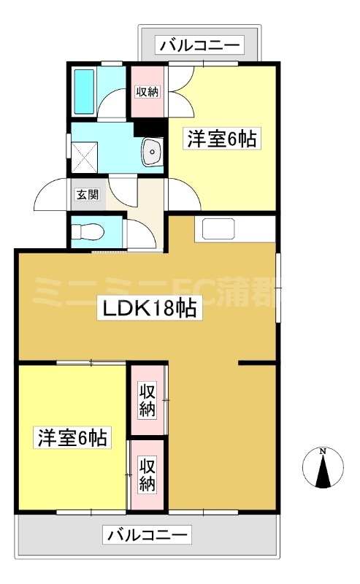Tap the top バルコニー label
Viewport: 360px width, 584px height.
point(199,46)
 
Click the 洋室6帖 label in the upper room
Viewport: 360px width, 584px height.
point(222,139)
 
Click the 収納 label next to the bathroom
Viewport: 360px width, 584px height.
point(148,92)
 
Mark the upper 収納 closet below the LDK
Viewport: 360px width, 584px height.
point(148,400)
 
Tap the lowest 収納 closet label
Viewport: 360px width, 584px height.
point(148,473)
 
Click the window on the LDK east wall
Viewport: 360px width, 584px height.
point(277,289)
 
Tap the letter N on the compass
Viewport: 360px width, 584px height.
point(322,451)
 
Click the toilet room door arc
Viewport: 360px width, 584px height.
point(138,234)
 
